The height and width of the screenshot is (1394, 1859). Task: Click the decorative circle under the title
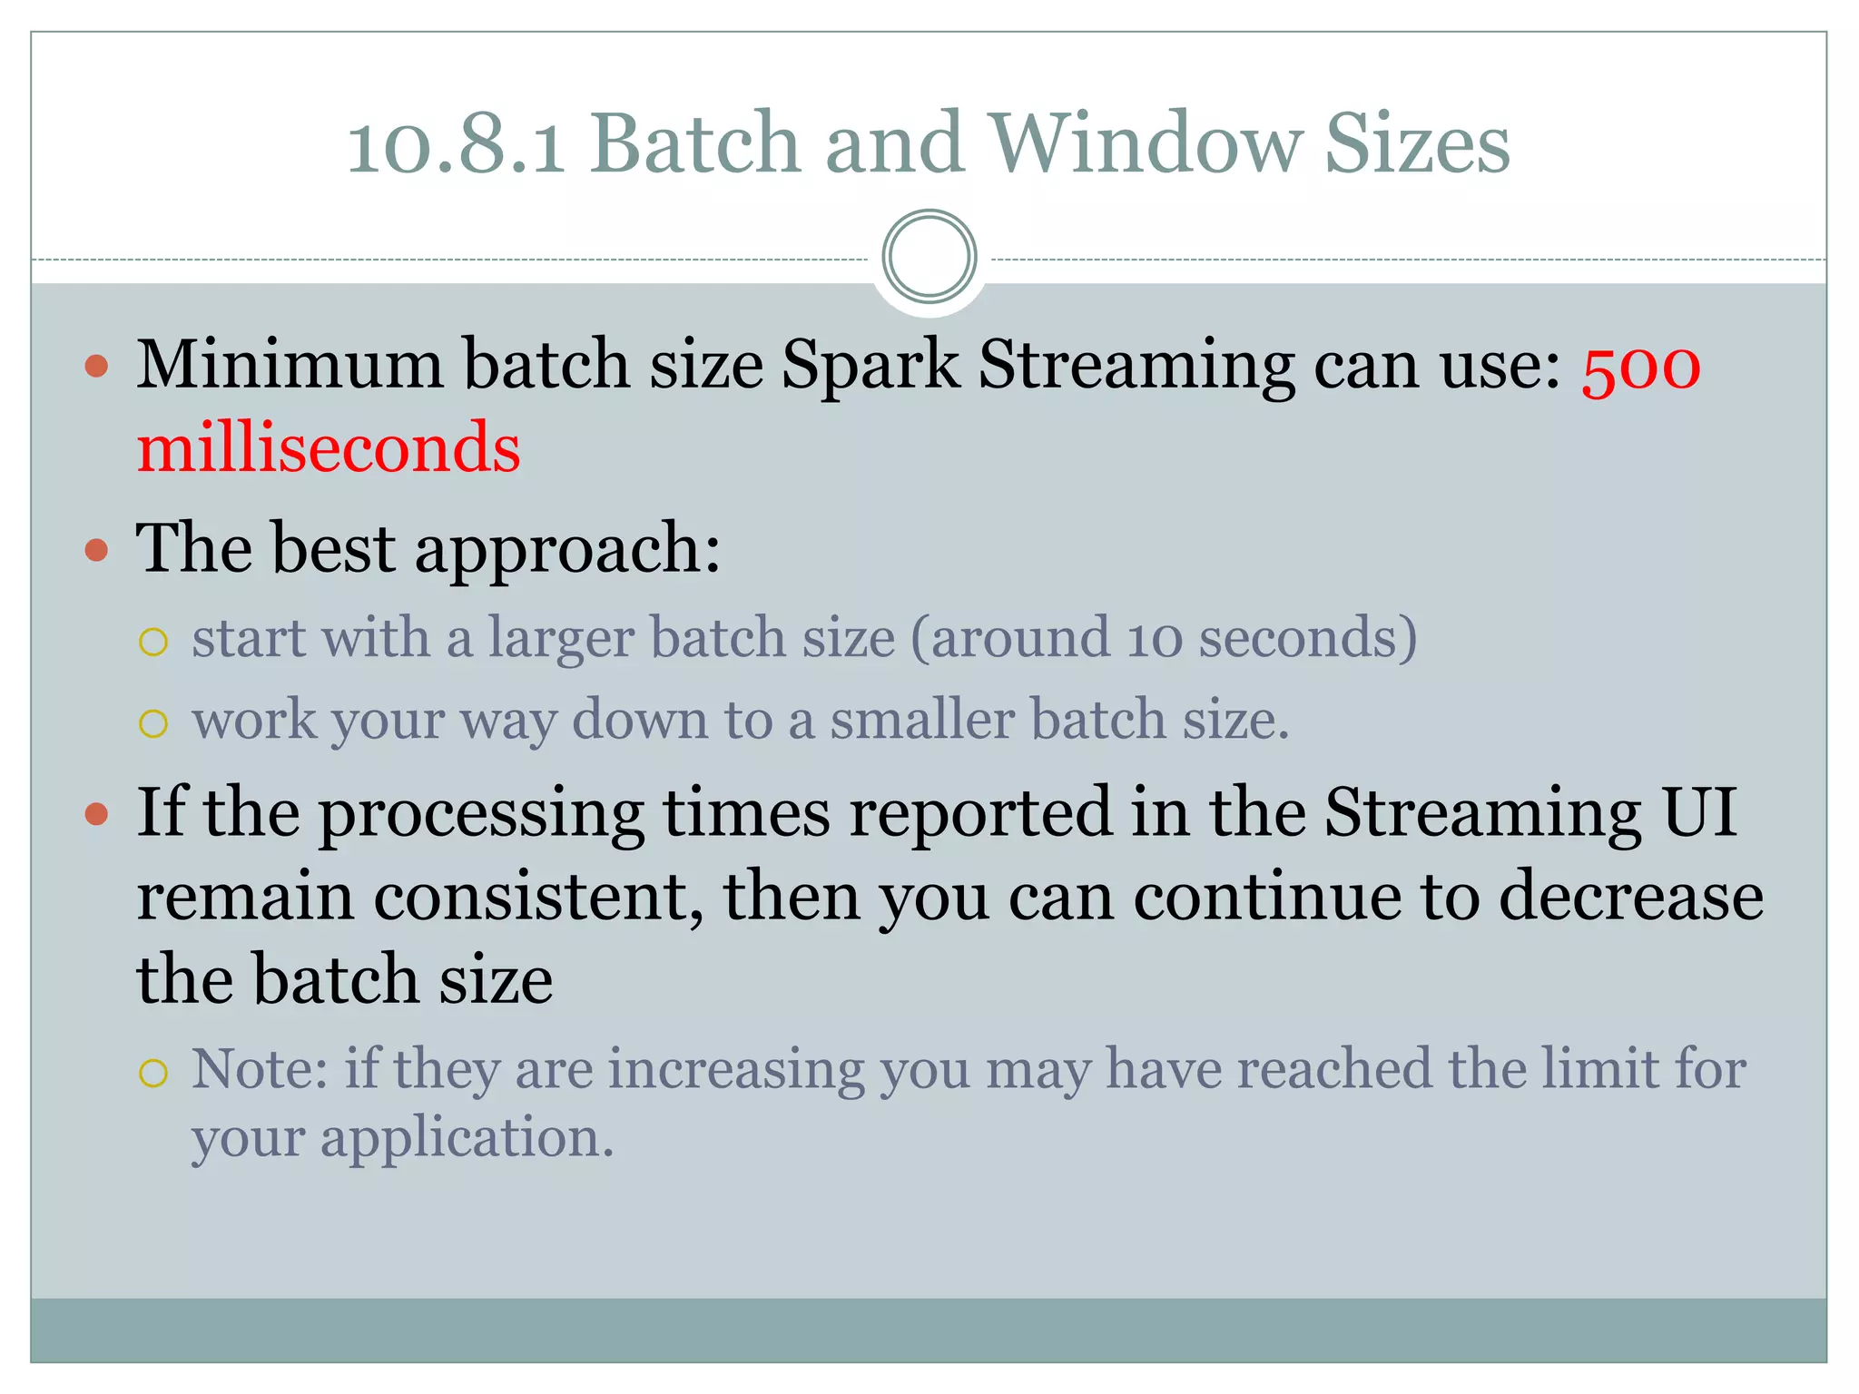(929, 257)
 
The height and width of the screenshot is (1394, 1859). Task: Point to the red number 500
(1640, 367)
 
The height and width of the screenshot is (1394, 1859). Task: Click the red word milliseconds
(329, 449)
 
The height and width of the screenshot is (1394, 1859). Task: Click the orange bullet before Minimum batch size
(96, 367)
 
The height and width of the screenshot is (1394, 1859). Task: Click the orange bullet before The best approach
(96, 550)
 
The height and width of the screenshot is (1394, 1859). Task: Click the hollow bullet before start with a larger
(153, 643)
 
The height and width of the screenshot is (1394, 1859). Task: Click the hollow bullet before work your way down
(153, 724)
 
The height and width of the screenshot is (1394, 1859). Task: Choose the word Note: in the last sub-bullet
(260, 1069)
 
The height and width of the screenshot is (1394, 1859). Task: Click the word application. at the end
(467, 1138)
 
